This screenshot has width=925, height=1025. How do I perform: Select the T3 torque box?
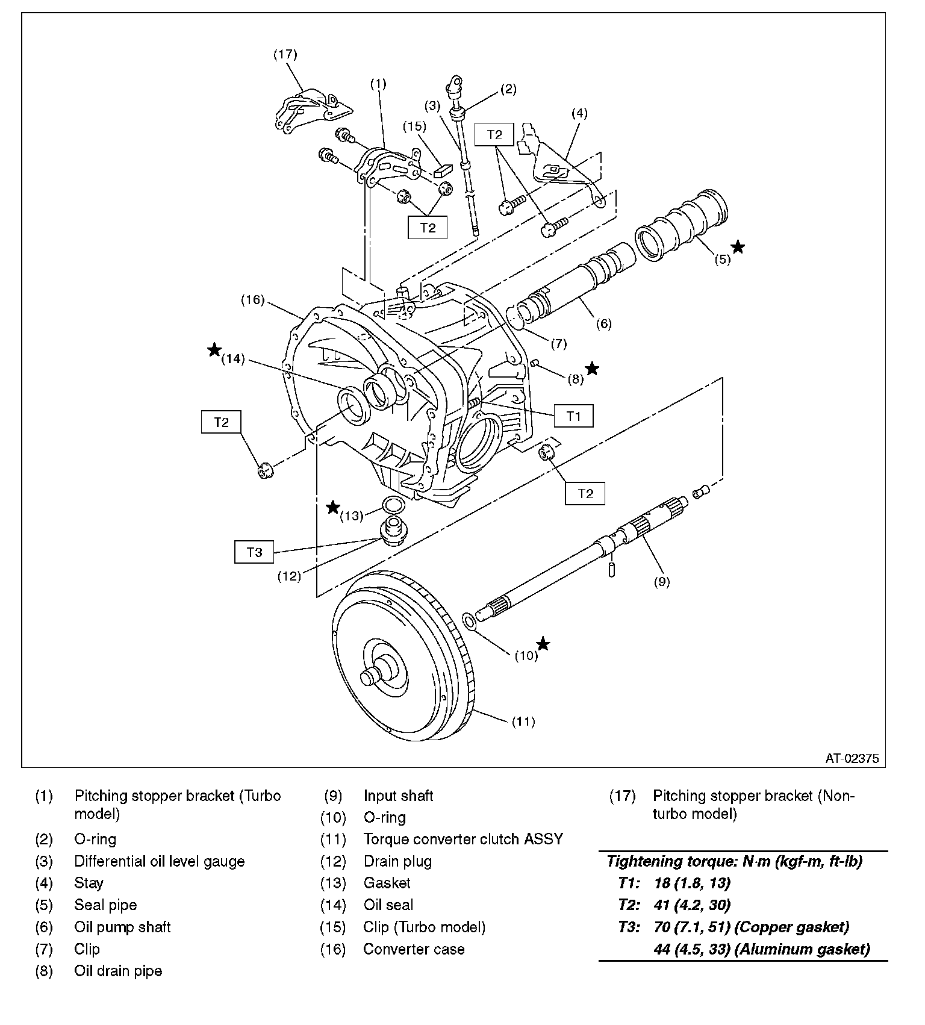(254, 552)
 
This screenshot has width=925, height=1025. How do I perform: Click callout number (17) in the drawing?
(285, 54)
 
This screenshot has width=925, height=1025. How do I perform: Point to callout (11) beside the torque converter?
(523, 721)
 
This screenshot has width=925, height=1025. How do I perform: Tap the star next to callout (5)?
(738, 247)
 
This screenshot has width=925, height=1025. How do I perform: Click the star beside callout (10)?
(543, 644)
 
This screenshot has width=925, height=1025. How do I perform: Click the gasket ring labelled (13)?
(393, 504)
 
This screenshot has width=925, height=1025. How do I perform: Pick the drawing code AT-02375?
(852, 759)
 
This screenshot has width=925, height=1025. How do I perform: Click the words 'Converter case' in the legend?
(414, 949)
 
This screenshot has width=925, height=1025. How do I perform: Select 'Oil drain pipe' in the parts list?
(118, 971)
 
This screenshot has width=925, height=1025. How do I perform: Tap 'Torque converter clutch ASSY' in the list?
(463, 839)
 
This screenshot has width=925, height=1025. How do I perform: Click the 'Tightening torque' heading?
(734, 861)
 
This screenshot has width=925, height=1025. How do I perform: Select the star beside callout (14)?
(214, 350)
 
